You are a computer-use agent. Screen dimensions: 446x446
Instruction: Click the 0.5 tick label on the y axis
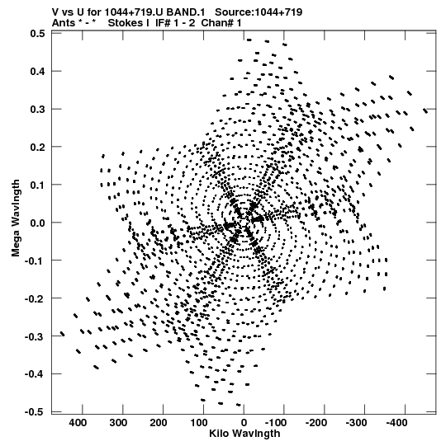(x=38, y=34)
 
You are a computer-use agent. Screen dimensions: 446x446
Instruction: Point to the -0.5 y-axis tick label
(x=35, y=412)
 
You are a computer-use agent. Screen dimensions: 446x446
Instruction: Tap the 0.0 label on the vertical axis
(x=38, y=223)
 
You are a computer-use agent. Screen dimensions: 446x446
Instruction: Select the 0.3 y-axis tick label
(x=38, y=109)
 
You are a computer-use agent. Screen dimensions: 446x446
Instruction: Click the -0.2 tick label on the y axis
(x=35, y=298)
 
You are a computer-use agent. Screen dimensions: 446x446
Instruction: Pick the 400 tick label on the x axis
(x=78, y=423)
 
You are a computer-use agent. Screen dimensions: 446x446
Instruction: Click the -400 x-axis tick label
(x=397, y=423)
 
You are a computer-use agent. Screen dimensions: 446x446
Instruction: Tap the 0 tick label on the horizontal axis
(x=244, y=423)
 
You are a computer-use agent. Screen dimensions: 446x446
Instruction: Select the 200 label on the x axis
(x=159, y=423)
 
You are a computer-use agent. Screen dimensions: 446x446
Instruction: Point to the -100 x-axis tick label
(x=276, y=423)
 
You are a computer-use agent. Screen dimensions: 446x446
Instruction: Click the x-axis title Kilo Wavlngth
(x=244, y=434)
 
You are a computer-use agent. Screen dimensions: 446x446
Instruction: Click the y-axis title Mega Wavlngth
(x=16, y=218)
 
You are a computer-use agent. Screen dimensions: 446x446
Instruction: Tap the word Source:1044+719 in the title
(x=259, y=12)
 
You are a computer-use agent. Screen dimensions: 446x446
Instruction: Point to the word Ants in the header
(x=64, y=23)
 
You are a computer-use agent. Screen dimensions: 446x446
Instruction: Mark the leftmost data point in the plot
(x=63, y=334)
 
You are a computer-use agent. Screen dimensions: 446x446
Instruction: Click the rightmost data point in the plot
(x=425, y=110)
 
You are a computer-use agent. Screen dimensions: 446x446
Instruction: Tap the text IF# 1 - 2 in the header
(x=175, y=23)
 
